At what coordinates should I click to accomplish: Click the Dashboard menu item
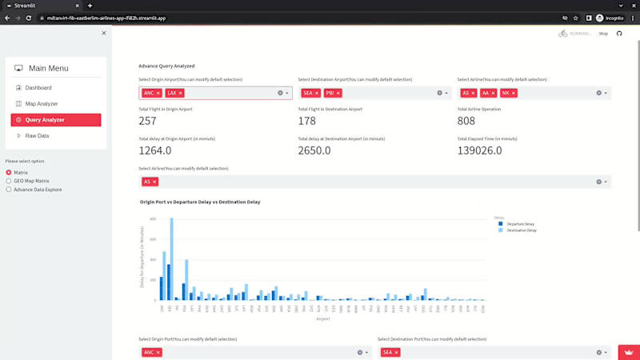38,87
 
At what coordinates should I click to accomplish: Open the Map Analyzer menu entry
41,103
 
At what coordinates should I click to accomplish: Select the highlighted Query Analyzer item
44,120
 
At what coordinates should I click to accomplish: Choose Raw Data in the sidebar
37,136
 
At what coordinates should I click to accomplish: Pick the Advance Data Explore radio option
37,190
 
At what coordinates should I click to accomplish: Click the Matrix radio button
20,172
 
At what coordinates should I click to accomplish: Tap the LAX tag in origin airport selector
172,93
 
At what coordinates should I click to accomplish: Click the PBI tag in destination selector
330,93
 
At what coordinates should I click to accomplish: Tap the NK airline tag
506,93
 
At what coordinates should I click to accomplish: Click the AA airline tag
485,93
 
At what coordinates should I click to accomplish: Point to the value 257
147,121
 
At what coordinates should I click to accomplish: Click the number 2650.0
314,150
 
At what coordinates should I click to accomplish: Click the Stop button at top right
603,34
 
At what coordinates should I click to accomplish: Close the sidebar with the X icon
104,33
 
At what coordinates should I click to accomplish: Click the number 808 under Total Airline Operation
466,121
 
